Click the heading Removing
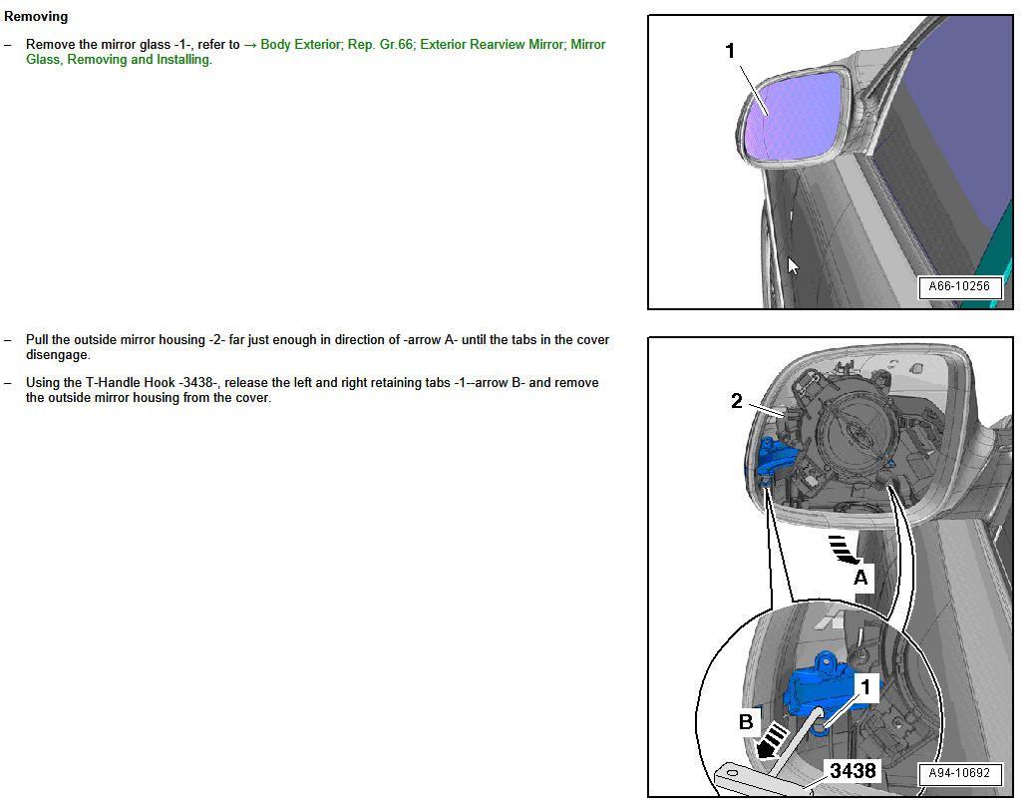click(36, 17)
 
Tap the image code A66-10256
click(958, 287)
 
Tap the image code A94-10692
click(958, 774)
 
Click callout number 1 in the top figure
click(730, 51)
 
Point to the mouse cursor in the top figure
click(793, 265)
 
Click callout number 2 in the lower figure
click(737, 401)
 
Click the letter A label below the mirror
click(860, 578)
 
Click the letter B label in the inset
click(746, 721)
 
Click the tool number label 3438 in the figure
click(853, 771)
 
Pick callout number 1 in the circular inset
click(865, 687)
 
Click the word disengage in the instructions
click(57, 355)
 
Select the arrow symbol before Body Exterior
click(250, 45)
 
